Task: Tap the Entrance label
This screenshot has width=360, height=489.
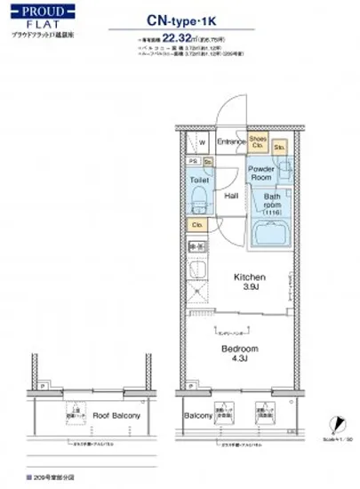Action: pyautogui.click(x=229, y=141)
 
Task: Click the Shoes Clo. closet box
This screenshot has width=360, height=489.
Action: pyautogui.click(x=258, y=141)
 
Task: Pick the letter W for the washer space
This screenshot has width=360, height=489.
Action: pyautogui.click(x=202, y=142)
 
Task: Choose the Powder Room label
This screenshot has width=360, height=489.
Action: pyautogui.click(x=261, y=172)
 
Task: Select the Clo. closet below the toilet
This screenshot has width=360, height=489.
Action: pyautogui.click(x=199, y=225)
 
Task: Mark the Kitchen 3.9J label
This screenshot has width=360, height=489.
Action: pyautogui.click(x=252, y=282)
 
